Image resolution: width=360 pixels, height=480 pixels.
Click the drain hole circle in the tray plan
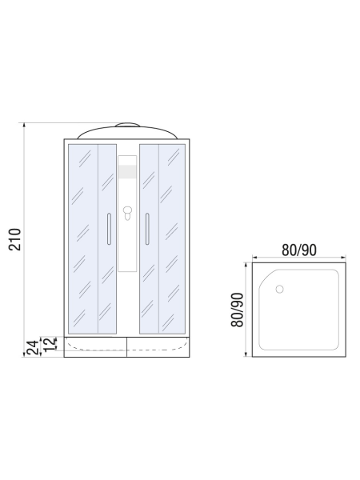279,289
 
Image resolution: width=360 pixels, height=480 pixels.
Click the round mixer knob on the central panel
126,214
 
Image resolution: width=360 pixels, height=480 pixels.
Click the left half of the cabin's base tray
94,348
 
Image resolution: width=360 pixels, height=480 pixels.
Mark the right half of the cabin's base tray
159,348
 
